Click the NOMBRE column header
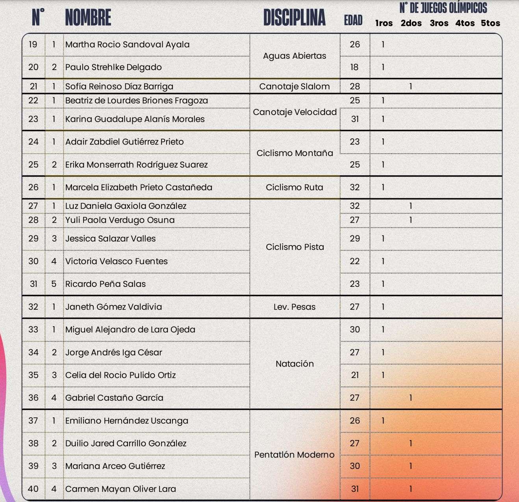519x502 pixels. pos(88,18)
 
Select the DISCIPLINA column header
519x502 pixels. pos(294,18)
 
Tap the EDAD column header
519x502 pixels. pos(353,20)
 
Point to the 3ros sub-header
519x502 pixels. pos(439,23)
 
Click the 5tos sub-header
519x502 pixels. pos(490,23)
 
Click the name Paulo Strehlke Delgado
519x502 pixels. pos(113,67)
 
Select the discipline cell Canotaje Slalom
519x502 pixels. pos(295,86)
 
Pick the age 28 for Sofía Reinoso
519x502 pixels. pos(355,86)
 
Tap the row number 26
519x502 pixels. pos(33,187)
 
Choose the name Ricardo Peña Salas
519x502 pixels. pos(106,284)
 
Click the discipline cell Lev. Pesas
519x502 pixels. pos(295,307)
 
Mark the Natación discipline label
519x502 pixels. pos(295,364)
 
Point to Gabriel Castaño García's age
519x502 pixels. pos(355,398)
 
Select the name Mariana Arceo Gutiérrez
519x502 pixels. pos(115,466)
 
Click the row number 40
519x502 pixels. pos(33,489)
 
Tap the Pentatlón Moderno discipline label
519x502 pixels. pos(295,455)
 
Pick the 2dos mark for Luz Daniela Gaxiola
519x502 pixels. pos(411,206)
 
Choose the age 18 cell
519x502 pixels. pos(355,67)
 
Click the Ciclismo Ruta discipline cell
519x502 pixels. pos(295,187)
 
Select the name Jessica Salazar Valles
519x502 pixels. pos(110,238)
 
